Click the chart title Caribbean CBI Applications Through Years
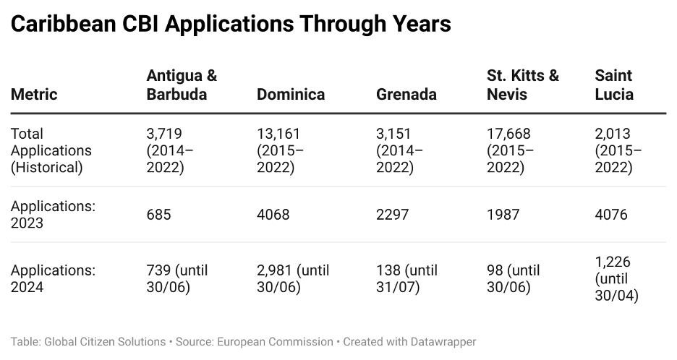click(231, 25)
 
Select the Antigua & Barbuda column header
click(182, 85)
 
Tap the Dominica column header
click(291, 95)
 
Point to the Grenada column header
click(406, 95)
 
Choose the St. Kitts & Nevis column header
click(522, 85)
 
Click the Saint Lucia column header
click(613, 85)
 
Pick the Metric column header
click(34, 95)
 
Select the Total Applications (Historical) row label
click(51, 150)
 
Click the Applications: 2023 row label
click(53, 215)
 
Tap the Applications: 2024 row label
click(53, 278)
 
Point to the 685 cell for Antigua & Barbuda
click(159, 215)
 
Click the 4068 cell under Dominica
click(273, 215)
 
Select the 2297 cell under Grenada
click(393, 215)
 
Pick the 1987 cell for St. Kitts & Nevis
click(503, 215)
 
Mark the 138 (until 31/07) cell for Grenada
click(406, 278)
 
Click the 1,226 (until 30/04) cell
click(616, 278)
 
